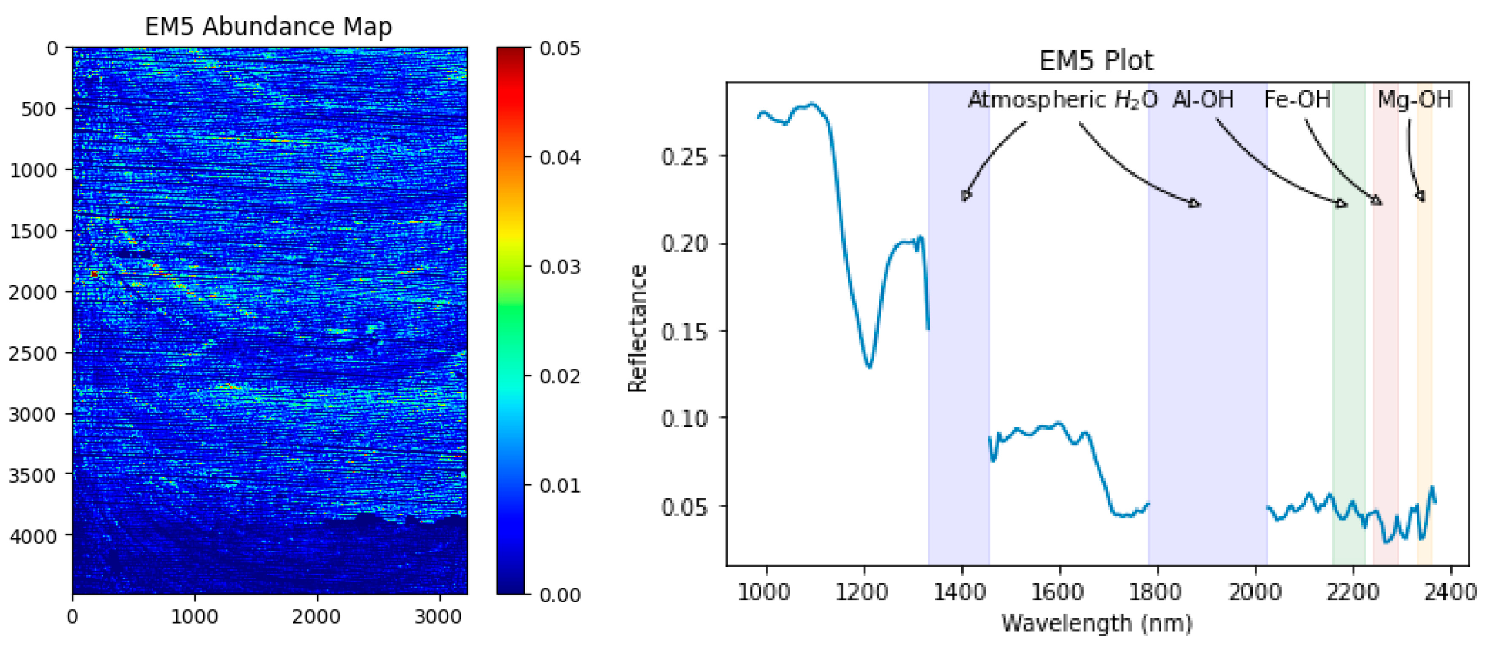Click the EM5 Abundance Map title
pos(268,27)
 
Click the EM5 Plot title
pos(1096,61)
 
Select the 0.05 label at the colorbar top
pos(559,48)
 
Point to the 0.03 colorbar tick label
pos(559,267)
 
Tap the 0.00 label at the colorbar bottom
pos(559,594)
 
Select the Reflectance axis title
pos(638,328)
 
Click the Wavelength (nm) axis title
pos(1096,623)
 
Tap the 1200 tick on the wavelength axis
pos(864,592)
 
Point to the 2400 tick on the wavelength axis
pos(1450,592)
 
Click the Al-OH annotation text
pos(1203,99)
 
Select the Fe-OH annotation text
pos(1297,99)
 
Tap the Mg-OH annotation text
pos(1414,99)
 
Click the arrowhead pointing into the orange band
pos(1420,197)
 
